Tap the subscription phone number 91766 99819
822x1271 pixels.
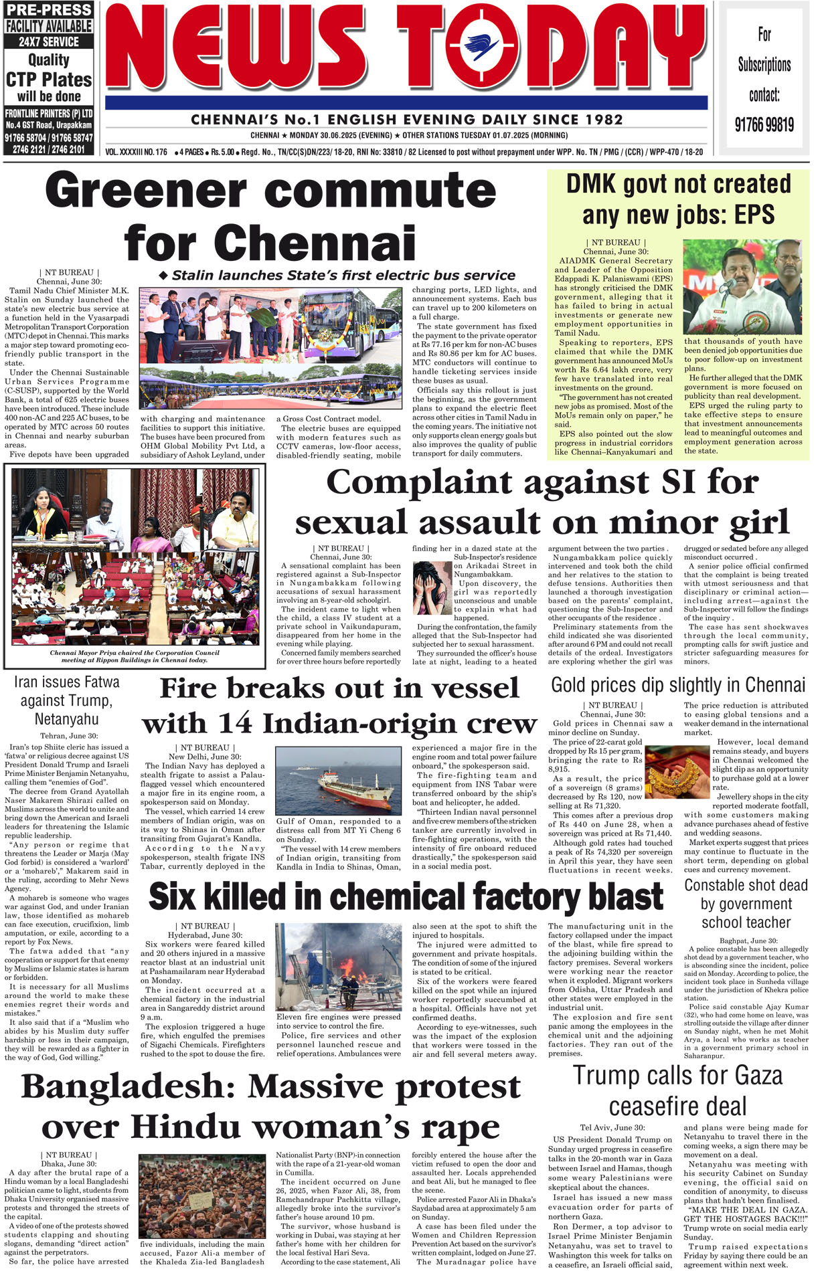[764, 124]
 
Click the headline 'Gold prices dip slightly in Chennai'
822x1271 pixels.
[678, 686]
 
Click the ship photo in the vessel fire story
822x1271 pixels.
[338, 781]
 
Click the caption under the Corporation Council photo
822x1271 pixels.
[135, 656]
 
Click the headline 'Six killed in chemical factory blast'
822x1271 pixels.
[406, 897]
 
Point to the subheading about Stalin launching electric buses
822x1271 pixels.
[337, 276]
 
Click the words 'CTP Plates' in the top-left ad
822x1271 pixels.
[49, 80]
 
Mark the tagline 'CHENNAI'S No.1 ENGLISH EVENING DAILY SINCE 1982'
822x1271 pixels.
[406, 120]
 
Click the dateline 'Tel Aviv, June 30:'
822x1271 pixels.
[612, 1127]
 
